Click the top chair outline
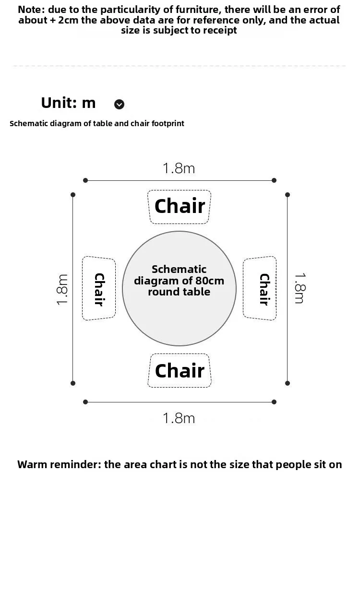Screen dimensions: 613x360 tap(180, 207)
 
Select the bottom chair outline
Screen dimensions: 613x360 tap(180, 371)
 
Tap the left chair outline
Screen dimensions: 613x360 tap(99, 288)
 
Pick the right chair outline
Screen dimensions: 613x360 tap(260, 288)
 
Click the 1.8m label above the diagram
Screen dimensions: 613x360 tap(179, 168)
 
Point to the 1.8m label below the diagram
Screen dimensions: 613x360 tap(179, 418)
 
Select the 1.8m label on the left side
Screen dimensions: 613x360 tap(62, 289)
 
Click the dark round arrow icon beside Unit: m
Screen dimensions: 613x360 tap(119, 104)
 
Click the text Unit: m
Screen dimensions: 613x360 tap(68, 103)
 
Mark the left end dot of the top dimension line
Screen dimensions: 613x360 tap(85, 180)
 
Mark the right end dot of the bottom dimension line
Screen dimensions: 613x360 tap(274, 402)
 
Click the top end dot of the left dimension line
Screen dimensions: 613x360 tap(73, 195)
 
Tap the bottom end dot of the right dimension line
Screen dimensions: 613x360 tap(288, 383)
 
